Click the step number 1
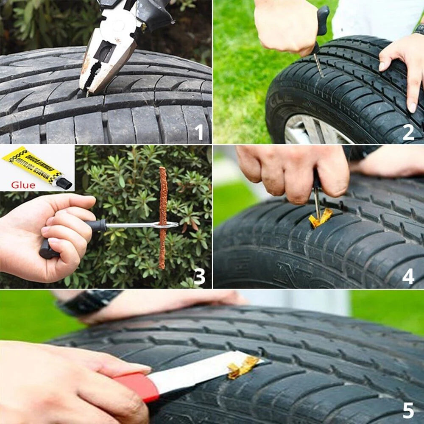pos(199,131)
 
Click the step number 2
pos(408,132)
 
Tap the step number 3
pos(199,276)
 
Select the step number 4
pos(408,276)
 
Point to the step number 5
pos(408,410)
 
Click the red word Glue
pos(23,184)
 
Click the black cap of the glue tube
pos(64,183)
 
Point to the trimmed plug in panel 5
pos(243,366)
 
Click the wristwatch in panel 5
pos(89,302)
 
